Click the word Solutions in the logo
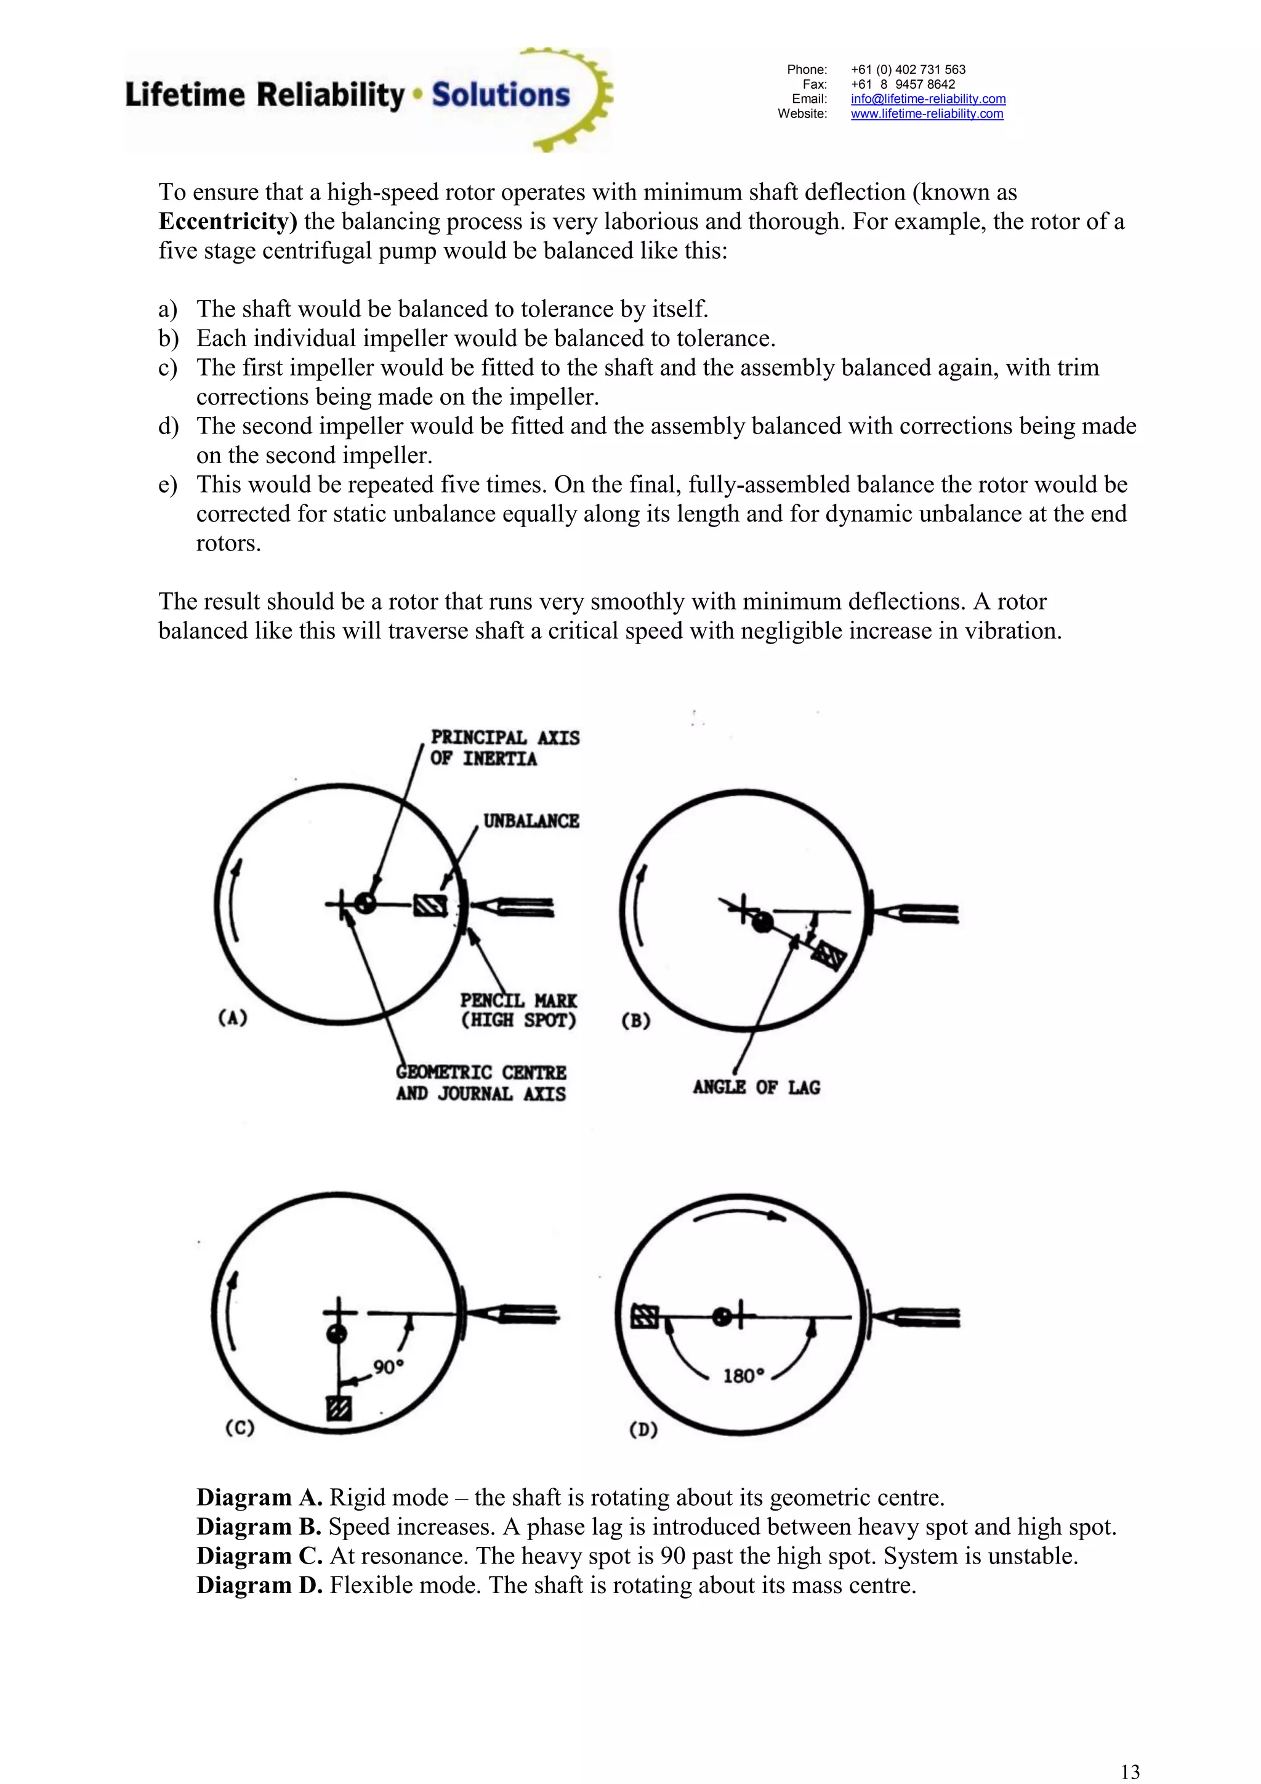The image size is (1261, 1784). point(501,95)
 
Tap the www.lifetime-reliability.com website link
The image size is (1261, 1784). point(926,113)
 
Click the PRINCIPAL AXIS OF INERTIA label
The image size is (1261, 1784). point(504,748)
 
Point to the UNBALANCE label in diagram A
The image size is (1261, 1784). point(531,821)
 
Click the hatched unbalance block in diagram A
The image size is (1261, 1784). point(430,905)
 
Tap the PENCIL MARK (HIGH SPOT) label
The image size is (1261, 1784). point(518,1010)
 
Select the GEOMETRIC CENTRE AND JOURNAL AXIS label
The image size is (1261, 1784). point(481,1083)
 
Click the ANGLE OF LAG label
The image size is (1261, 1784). point(756,1087)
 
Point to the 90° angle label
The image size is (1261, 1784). point(389,1366)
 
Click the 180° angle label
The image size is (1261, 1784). point(744,1376)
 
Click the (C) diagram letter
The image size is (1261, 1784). point(240,1428)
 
